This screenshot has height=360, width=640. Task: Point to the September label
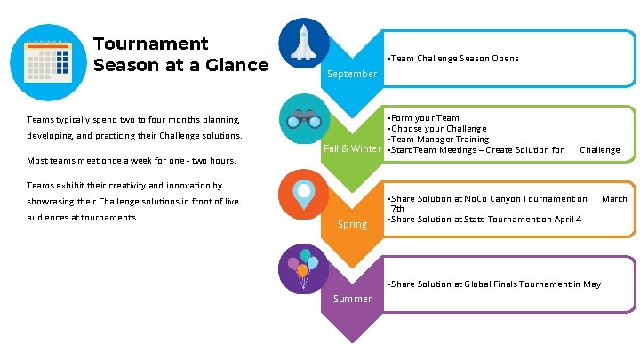click(x=352, y=74)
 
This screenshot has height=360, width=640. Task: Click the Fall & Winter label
click(x=351, y=148)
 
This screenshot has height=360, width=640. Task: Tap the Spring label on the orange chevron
click(x=352, y=224)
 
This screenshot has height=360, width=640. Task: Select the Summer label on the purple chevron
click(x=352, y=299)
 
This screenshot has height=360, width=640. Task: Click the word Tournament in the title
click(x=150, y=44)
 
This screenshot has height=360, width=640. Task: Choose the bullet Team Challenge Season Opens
click(x=454, y=59)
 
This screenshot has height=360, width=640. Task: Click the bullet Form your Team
click(x=424, y=117)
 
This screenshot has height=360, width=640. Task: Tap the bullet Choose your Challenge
click(x=437, y=128)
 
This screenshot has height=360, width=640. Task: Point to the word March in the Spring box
click(x=614, y=198)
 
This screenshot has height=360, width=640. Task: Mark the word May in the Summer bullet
click(x=592, y=284)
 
